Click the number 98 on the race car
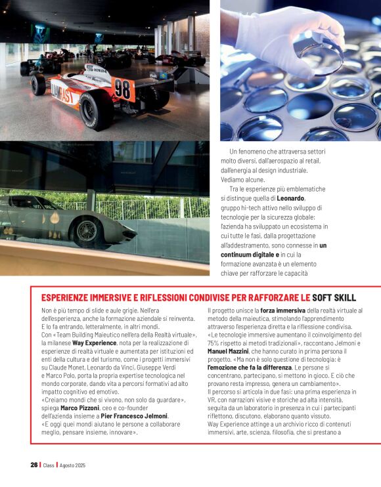pyautogui.click(x=123, y=88)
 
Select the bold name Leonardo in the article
pyautogui.click(x=290, y=198)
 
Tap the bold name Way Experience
pyautogui.click(x=94, y=343)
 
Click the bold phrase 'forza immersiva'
pyautogui.click(x=283, y=310)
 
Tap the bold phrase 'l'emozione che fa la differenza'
pyautogui.click(x=249, y=368)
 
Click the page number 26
pyautogui.click(x=34, y=465)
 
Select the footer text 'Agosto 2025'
pyautogui.click(x=73, y=465)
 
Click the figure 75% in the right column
pyautogui.click(x=215, y=343)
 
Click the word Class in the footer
pyautogui.click(x=49, y=465)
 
